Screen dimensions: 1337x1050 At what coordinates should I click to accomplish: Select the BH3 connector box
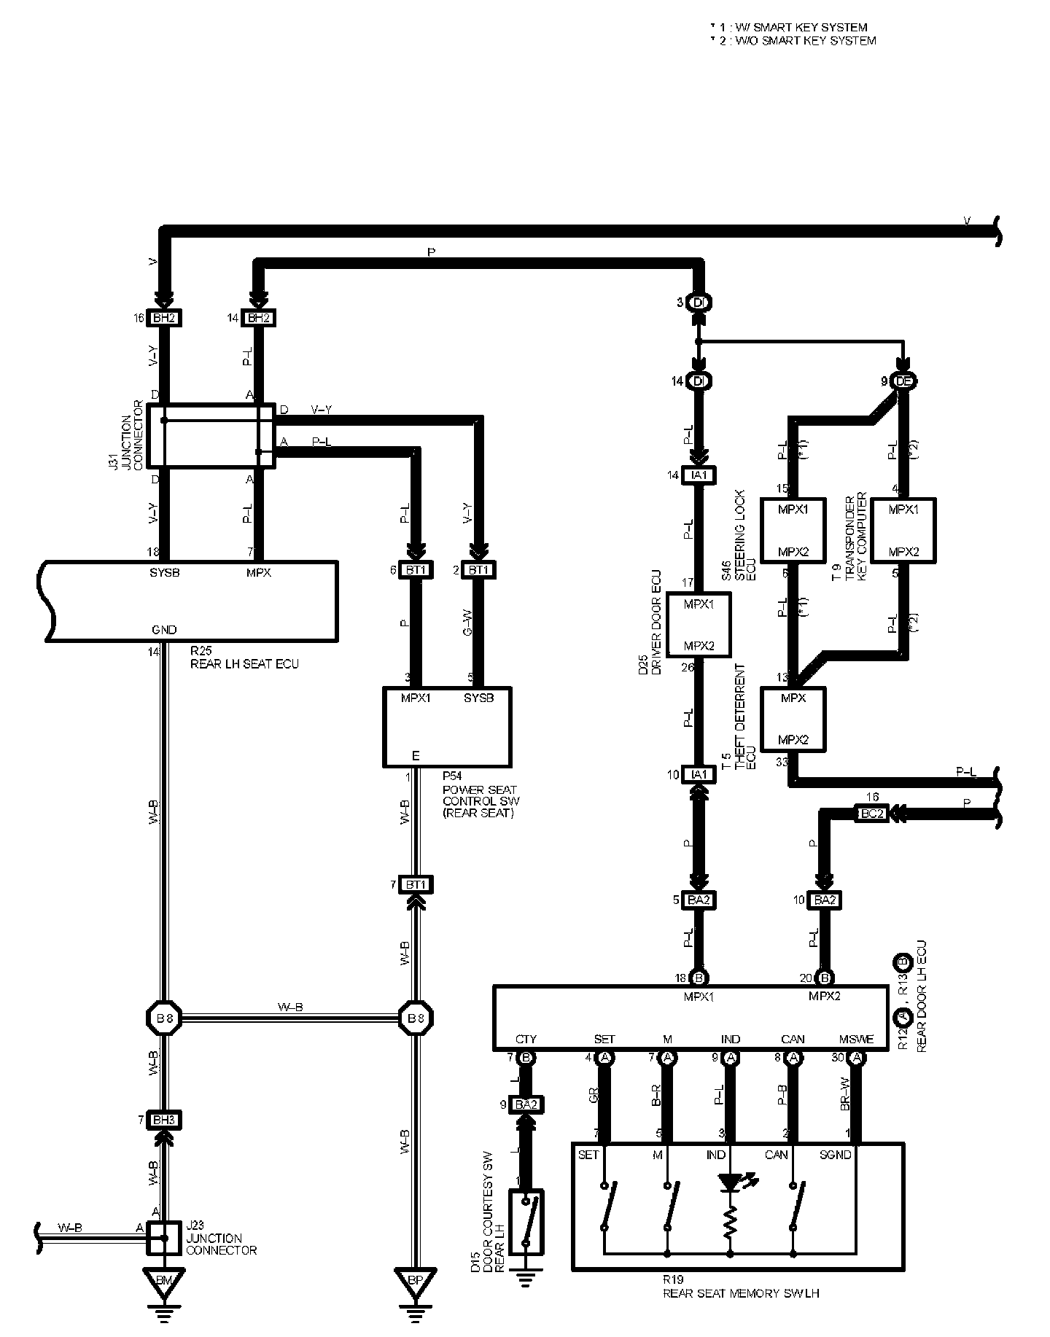(164, 1119)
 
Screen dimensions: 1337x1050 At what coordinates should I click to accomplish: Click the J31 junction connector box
(211, 436)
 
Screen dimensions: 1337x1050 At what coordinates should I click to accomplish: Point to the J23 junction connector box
(164, 1238)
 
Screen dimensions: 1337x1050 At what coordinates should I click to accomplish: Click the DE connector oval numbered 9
(903, 381)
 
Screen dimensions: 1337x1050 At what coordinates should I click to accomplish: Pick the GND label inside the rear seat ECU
(164, 630)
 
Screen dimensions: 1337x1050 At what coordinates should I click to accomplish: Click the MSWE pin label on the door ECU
(854, 1040)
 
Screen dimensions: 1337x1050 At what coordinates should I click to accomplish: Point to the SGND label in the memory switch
(835, 1155)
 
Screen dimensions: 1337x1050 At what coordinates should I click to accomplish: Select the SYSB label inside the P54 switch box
(479, 698)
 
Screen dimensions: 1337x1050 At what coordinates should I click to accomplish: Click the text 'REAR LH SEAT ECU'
(244, 664)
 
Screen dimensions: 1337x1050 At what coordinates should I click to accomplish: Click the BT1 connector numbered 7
(416, 885)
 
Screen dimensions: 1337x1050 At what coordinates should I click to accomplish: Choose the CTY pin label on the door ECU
(526, 1040)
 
